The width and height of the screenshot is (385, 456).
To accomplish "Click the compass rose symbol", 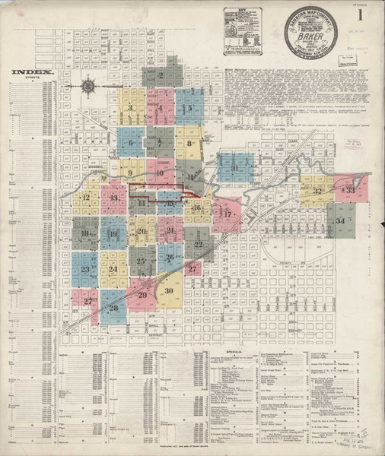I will click(x=88, y=86).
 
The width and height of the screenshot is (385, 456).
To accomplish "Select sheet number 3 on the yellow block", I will click(x=132, y=108).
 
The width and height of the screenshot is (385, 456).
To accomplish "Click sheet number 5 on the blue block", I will click(x=189, y=109).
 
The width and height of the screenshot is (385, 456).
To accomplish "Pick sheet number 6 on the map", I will click(x=131, y=142).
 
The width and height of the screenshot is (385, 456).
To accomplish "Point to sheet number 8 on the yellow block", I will click(x=189, y=143).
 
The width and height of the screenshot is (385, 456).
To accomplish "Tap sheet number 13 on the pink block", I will click(x=113, y=198).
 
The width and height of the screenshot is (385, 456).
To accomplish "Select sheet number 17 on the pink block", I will click(x=226, y=214).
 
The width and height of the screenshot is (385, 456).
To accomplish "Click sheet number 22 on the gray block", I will click(x=199, y=244).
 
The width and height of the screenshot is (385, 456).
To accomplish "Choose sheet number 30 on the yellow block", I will click(x=169, y=290).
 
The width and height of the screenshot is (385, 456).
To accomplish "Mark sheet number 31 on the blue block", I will click(x=235, y=168).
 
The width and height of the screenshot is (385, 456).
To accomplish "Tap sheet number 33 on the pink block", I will click(x=350, y=191).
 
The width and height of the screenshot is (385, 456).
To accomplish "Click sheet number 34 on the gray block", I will click(x=340, y=220).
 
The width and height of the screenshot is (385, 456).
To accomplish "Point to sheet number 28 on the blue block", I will click(x=113, y=307).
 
